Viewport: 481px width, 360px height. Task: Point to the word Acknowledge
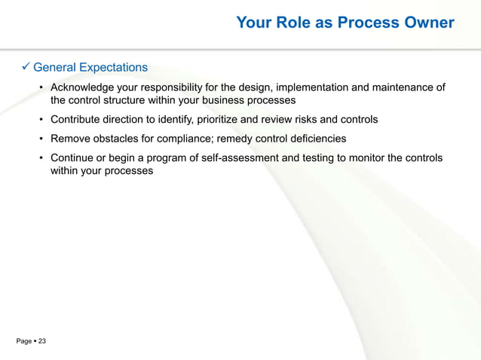click(x=82, y=87)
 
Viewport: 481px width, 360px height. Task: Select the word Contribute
click(x=77, y=119)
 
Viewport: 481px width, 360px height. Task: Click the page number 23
click(x=42, y=342)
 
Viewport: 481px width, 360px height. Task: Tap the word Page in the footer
click(x=24, y=342)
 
